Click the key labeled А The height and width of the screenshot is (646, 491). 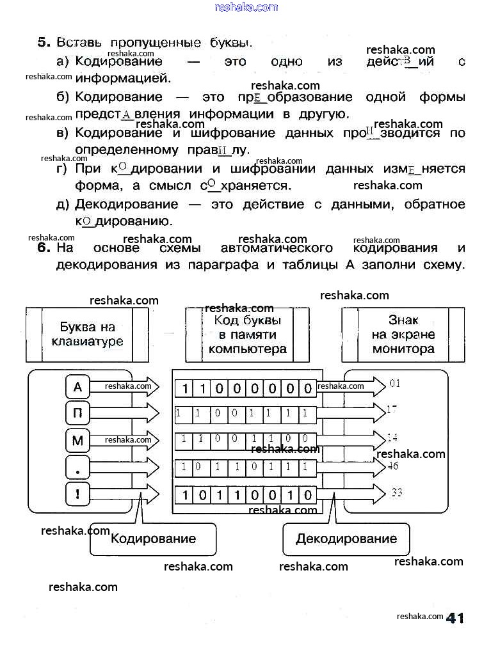pyautogui.click(x=78, y=386)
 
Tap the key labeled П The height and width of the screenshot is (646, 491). pyautogui.click(x=78, y=413)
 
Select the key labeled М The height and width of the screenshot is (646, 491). pyautogui.click(x=78, y=440)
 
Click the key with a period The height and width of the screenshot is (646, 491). pyautogui.click(x=78, y=468)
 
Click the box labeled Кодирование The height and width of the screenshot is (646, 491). pyautogui.click(x=153, y=538)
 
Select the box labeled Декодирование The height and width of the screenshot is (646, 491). pyautogui.click(x=346, y=539)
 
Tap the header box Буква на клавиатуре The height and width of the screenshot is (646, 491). pyautogui.click(x=87, y=334)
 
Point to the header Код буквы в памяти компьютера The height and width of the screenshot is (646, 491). pyautogui.click(x=247, y=334)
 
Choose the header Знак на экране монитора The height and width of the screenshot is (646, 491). pyautogui.click(x=403, y=334)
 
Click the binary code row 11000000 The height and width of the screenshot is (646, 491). pyautogui.click(x=246, y=388)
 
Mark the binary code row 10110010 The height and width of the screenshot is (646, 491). pyautogui.click(x=246, y=495)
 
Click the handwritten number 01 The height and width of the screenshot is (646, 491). pyautogui.click(x=394, y=384)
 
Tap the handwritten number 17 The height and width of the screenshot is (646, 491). pyautogui.click(x=392, y=409)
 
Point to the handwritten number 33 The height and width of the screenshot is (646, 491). pyautogui.click(x=396, y=492)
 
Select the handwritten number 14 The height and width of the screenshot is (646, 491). pyautogui.click(x=392, y=437)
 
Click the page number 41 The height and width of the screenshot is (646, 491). pyautogui.click(x=455, y=617)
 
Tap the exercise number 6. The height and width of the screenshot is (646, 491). pyautogui.click(x=44, y=248)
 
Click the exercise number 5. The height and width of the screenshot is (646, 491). pyautogui.click(x=44, y=43)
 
